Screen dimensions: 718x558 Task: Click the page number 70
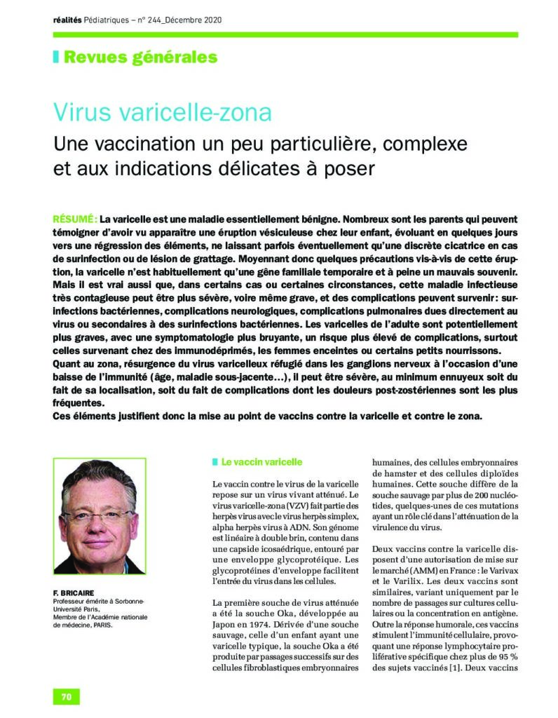[67, 696]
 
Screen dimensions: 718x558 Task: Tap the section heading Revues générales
[140, 57]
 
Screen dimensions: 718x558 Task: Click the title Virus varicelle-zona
[162, 113]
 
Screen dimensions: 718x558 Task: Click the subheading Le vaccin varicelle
[261, 463]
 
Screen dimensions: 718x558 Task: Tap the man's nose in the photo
[99, 524]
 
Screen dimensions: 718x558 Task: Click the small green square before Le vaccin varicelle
[215, 463]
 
